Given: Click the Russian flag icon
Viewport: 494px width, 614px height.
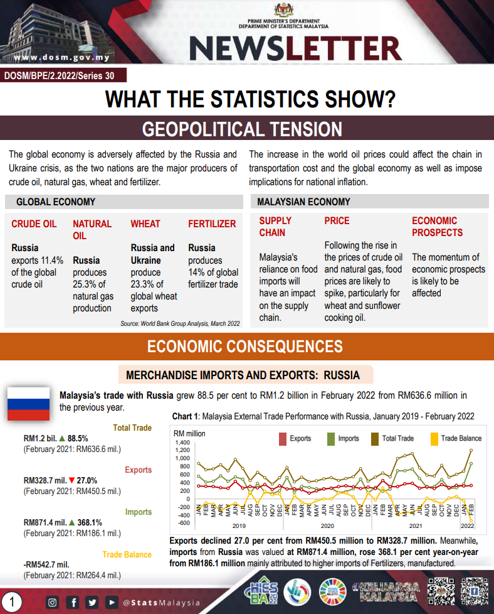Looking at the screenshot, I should [x=28, y=403].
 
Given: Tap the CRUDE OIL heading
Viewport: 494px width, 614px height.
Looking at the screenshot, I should [x=34, y=224].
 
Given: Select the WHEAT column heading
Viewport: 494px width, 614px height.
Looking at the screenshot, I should [x=145, y=224].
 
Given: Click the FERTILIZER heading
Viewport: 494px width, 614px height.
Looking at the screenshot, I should [x=212, y=224].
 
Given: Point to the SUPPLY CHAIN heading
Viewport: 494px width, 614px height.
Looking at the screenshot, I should [x=275, y=227].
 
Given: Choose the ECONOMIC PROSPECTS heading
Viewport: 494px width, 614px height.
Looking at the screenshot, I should [x=437, y=227].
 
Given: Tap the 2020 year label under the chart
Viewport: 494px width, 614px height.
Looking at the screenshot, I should [x=326, y=525].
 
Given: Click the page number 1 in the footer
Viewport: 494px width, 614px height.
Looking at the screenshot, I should [x=12, y=603].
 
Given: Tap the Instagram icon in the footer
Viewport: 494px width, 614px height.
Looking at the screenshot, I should [x=53, y=603].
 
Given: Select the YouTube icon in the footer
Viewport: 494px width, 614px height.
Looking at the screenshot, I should [x=111, y=603].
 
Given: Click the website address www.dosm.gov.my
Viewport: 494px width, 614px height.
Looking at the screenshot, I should [x=61, y=58].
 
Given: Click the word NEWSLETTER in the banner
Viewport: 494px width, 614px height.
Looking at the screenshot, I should [x=295, y=48].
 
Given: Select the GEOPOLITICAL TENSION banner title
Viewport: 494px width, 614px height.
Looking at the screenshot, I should [x=242, y=129].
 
